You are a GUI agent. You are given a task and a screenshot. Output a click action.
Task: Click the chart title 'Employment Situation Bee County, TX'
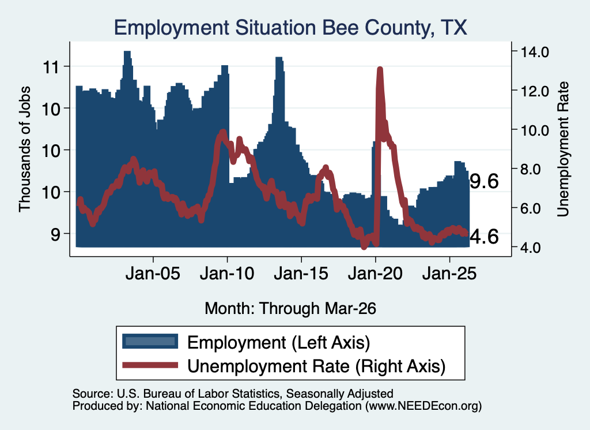pyautogui.click(x=290, y=28)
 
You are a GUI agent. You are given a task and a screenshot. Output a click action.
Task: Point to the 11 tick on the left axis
pyautogui.click(x=51, y=67)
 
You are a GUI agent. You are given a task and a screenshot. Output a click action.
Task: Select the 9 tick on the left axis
pyautogui.click(x=55, y=234)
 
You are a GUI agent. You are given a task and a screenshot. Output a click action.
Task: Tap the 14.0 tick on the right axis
pyautogui.click(x=534, y=51)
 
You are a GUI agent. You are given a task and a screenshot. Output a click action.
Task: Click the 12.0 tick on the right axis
pyautogui.click(x=534, y=91)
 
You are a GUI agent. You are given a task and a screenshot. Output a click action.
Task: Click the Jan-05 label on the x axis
pyautogui.click(x=153, y=273)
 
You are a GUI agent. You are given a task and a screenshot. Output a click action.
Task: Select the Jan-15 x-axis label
pyautogui.click(x=301, y=273)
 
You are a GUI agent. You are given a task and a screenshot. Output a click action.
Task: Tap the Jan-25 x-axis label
pyautogui.click(x=449, y=273)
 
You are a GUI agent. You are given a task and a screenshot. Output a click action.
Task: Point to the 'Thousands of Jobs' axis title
pyautogui.click(x=24, y=149)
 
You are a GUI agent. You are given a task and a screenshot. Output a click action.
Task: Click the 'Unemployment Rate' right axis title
pyautogui.click(x=562, y=149)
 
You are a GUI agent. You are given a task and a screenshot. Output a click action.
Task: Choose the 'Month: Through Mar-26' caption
pyautogui.click(x=290, y=308)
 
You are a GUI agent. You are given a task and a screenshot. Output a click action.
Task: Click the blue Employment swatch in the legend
pyautogui.click(x=150, y=341)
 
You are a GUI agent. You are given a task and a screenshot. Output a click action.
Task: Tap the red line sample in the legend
pyautogui.click(x=150, y=365)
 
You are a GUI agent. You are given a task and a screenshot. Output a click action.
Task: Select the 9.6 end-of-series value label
pyautogui.click(x=485, y=181)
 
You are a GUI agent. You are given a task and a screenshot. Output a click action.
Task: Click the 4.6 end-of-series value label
pyautogui.click(x=485, y=237)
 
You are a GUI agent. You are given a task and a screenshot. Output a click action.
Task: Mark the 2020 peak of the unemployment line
pyautogui.click(x=380, y=69)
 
